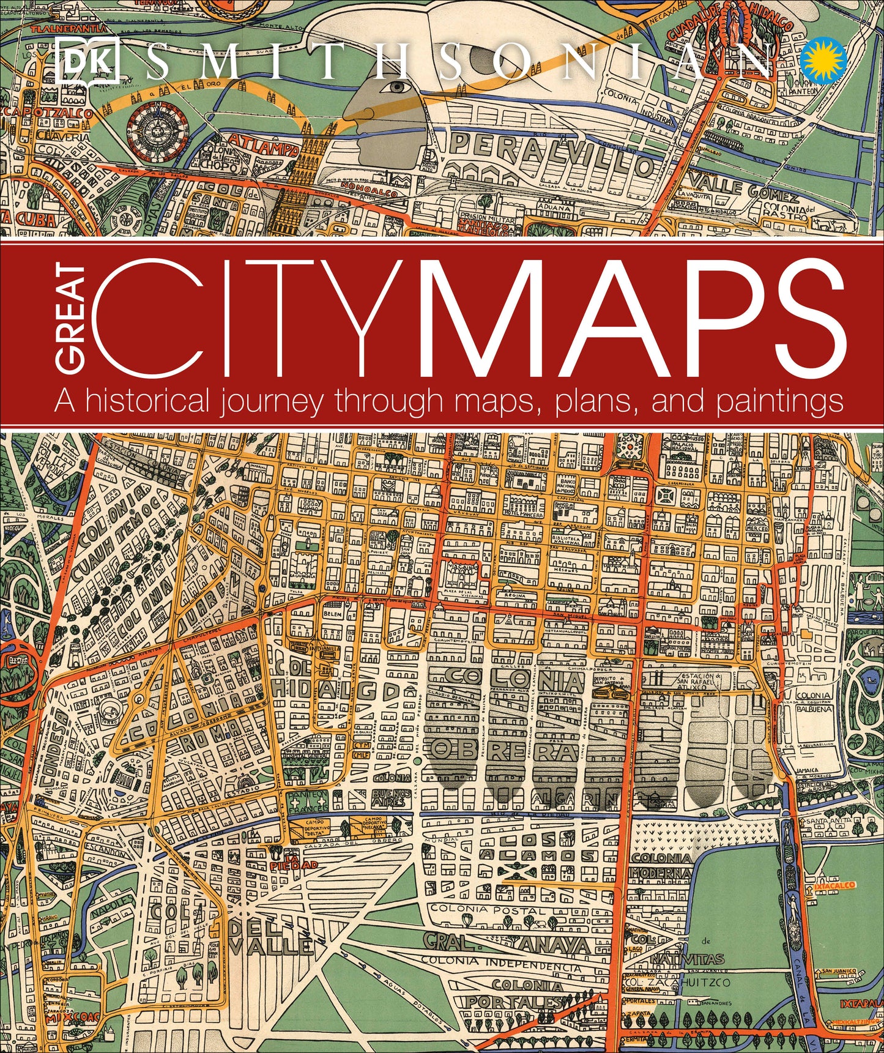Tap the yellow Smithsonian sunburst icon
click(x=823, y=60)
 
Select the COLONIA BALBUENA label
click(x=814, y=702)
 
